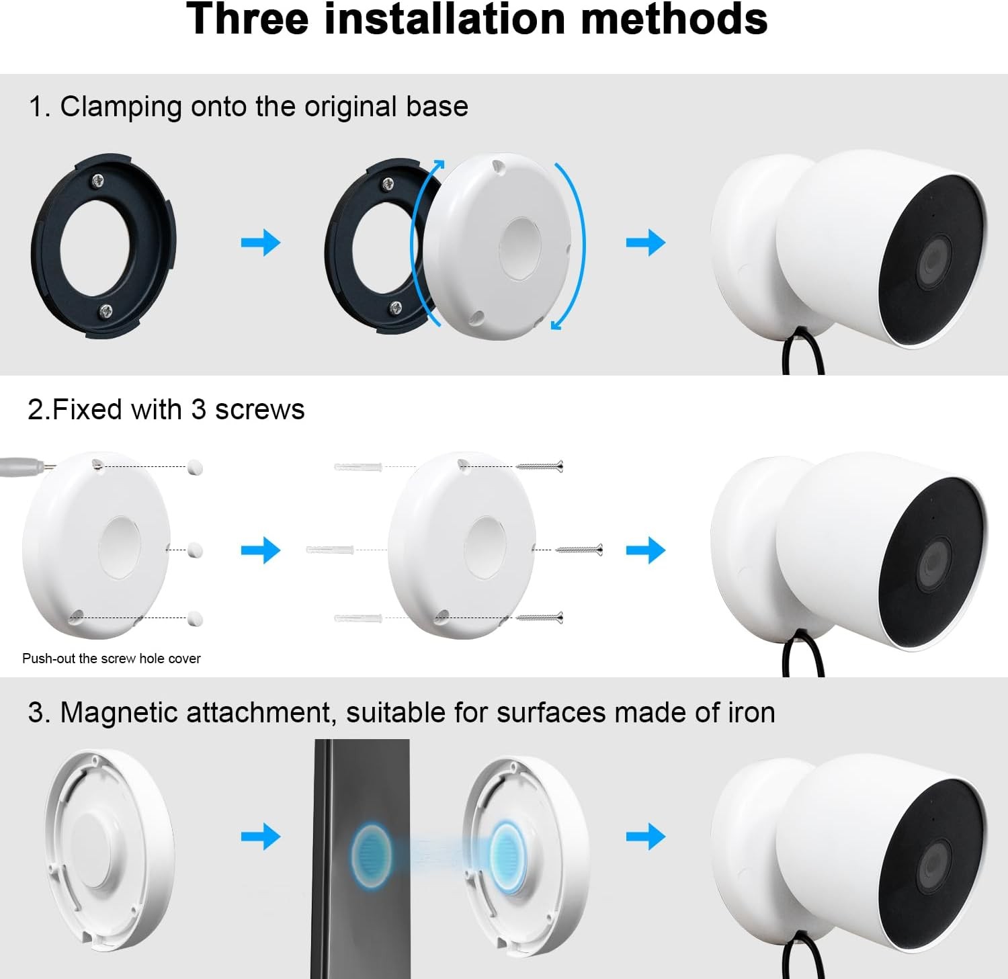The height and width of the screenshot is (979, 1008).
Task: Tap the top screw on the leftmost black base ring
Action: click(99, 180)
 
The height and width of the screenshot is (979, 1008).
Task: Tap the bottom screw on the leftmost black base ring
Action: click(106, 310)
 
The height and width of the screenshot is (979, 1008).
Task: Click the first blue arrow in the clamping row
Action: click(261, 243)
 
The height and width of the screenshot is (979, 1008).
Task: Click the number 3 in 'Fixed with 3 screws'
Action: click(198, 409)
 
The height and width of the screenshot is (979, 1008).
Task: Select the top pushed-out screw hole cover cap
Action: click(195, 466)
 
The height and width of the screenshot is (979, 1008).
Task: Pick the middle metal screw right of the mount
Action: click(579, 550)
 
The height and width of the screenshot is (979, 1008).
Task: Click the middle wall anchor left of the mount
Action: click(329, 550)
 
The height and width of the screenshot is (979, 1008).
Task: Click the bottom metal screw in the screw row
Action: click(540, 617)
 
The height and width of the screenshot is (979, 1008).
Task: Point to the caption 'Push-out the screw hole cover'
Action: click(112, 658)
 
